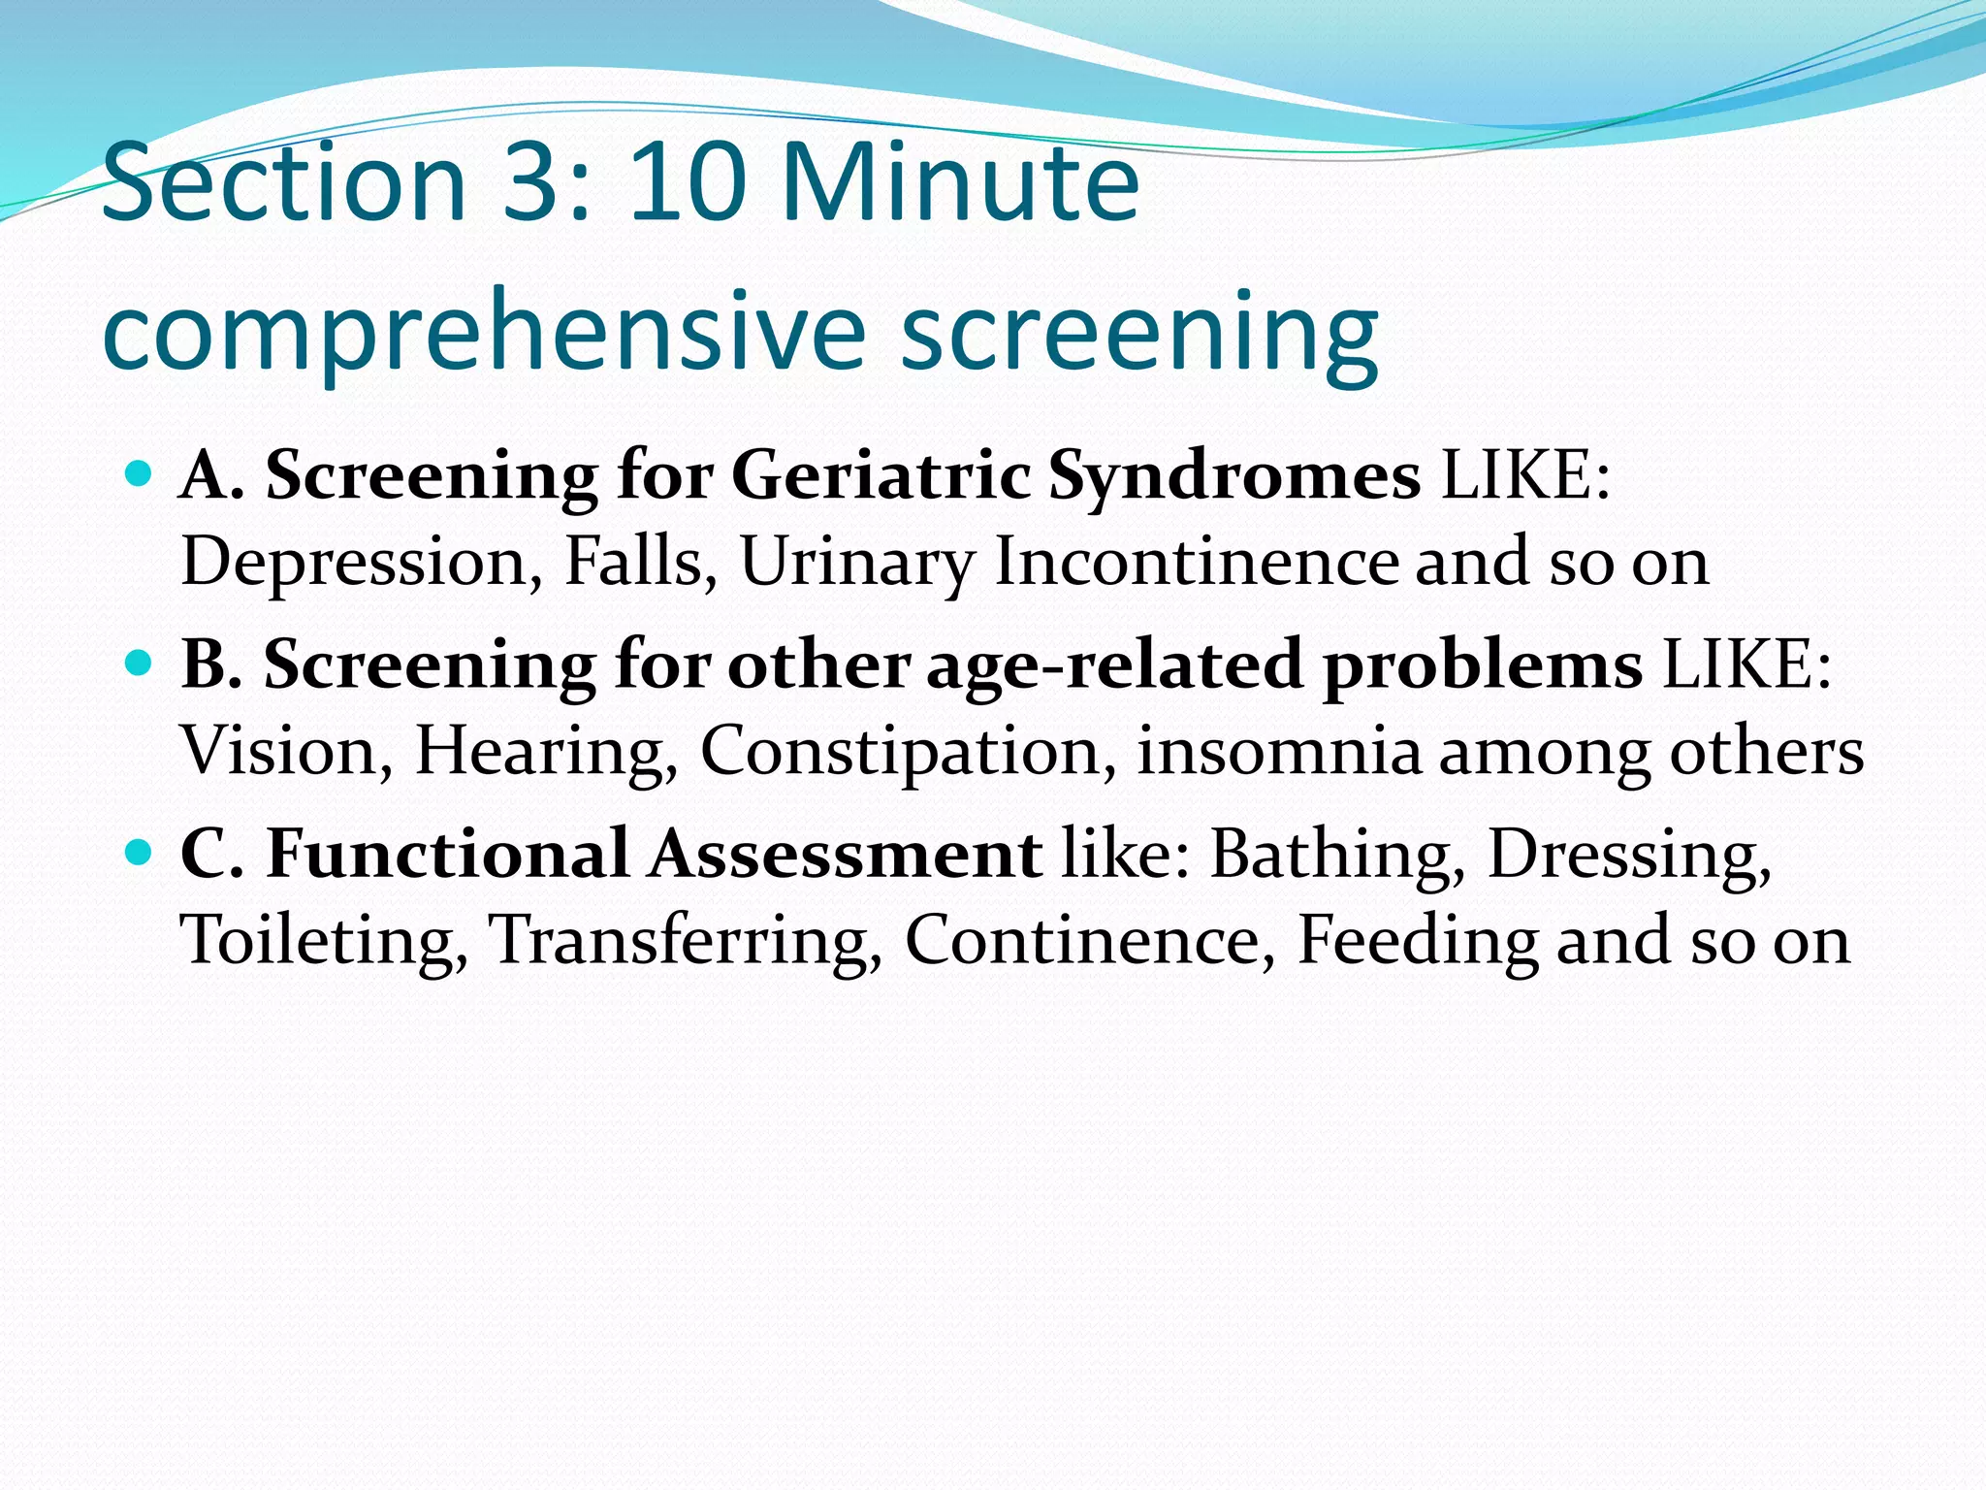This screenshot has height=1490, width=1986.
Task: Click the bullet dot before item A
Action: click(x=140, y=474)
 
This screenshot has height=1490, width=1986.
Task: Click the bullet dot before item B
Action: click(x=140, y=664)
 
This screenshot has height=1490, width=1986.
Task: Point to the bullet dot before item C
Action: click(x=140, y=853)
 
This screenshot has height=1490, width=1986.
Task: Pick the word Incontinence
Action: click(x=1197, y=562)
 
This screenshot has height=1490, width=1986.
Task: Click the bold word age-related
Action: click(x=1113, y=666)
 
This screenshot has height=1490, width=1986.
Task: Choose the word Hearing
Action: click(x=547, y=753)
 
